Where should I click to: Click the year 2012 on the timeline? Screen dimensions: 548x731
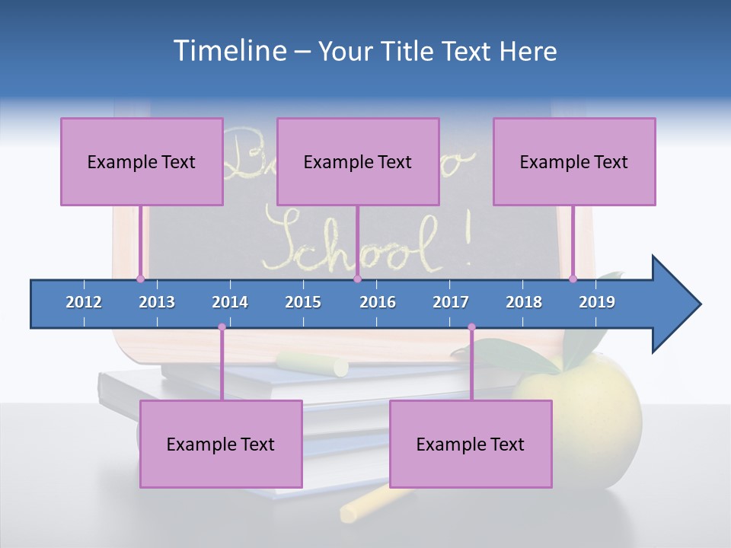tap(84, 302)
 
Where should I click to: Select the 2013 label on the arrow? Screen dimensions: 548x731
tap(157, 302)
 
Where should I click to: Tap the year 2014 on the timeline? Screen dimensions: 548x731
tap(230, 302)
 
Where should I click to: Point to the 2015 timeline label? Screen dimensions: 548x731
tap(303, 302)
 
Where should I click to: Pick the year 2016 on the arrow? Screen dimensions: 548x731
tap(378, 302)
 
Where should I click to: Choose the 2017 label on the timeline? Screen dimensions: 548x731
tap(451, 302)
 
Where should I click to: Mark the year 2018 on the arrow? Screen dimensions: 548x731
tap(524, 302)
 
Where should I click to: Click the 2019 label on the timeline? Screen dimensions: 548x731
tap(597, 302)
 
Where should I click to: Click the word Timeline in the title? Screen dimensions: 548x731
tap(228, 51)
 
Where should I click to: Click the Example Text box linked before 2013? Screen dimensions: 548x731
tap(142, 161)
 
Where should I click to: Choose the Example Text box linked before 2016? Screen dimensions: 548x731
tap(358, 161)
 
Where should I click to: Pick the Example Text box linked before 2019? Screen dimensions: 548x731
tap(574, 161)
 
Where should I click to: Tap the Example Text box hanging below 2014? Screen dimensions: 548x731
tap(221, 444)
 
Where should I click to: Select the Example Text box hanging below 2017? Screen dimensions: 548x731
tap(471, 444)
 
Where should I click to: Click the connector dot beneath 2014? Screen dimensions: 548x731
tap(222, 327)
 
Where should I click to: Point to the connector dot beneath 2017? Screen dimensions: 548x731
tap(471, 327)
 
